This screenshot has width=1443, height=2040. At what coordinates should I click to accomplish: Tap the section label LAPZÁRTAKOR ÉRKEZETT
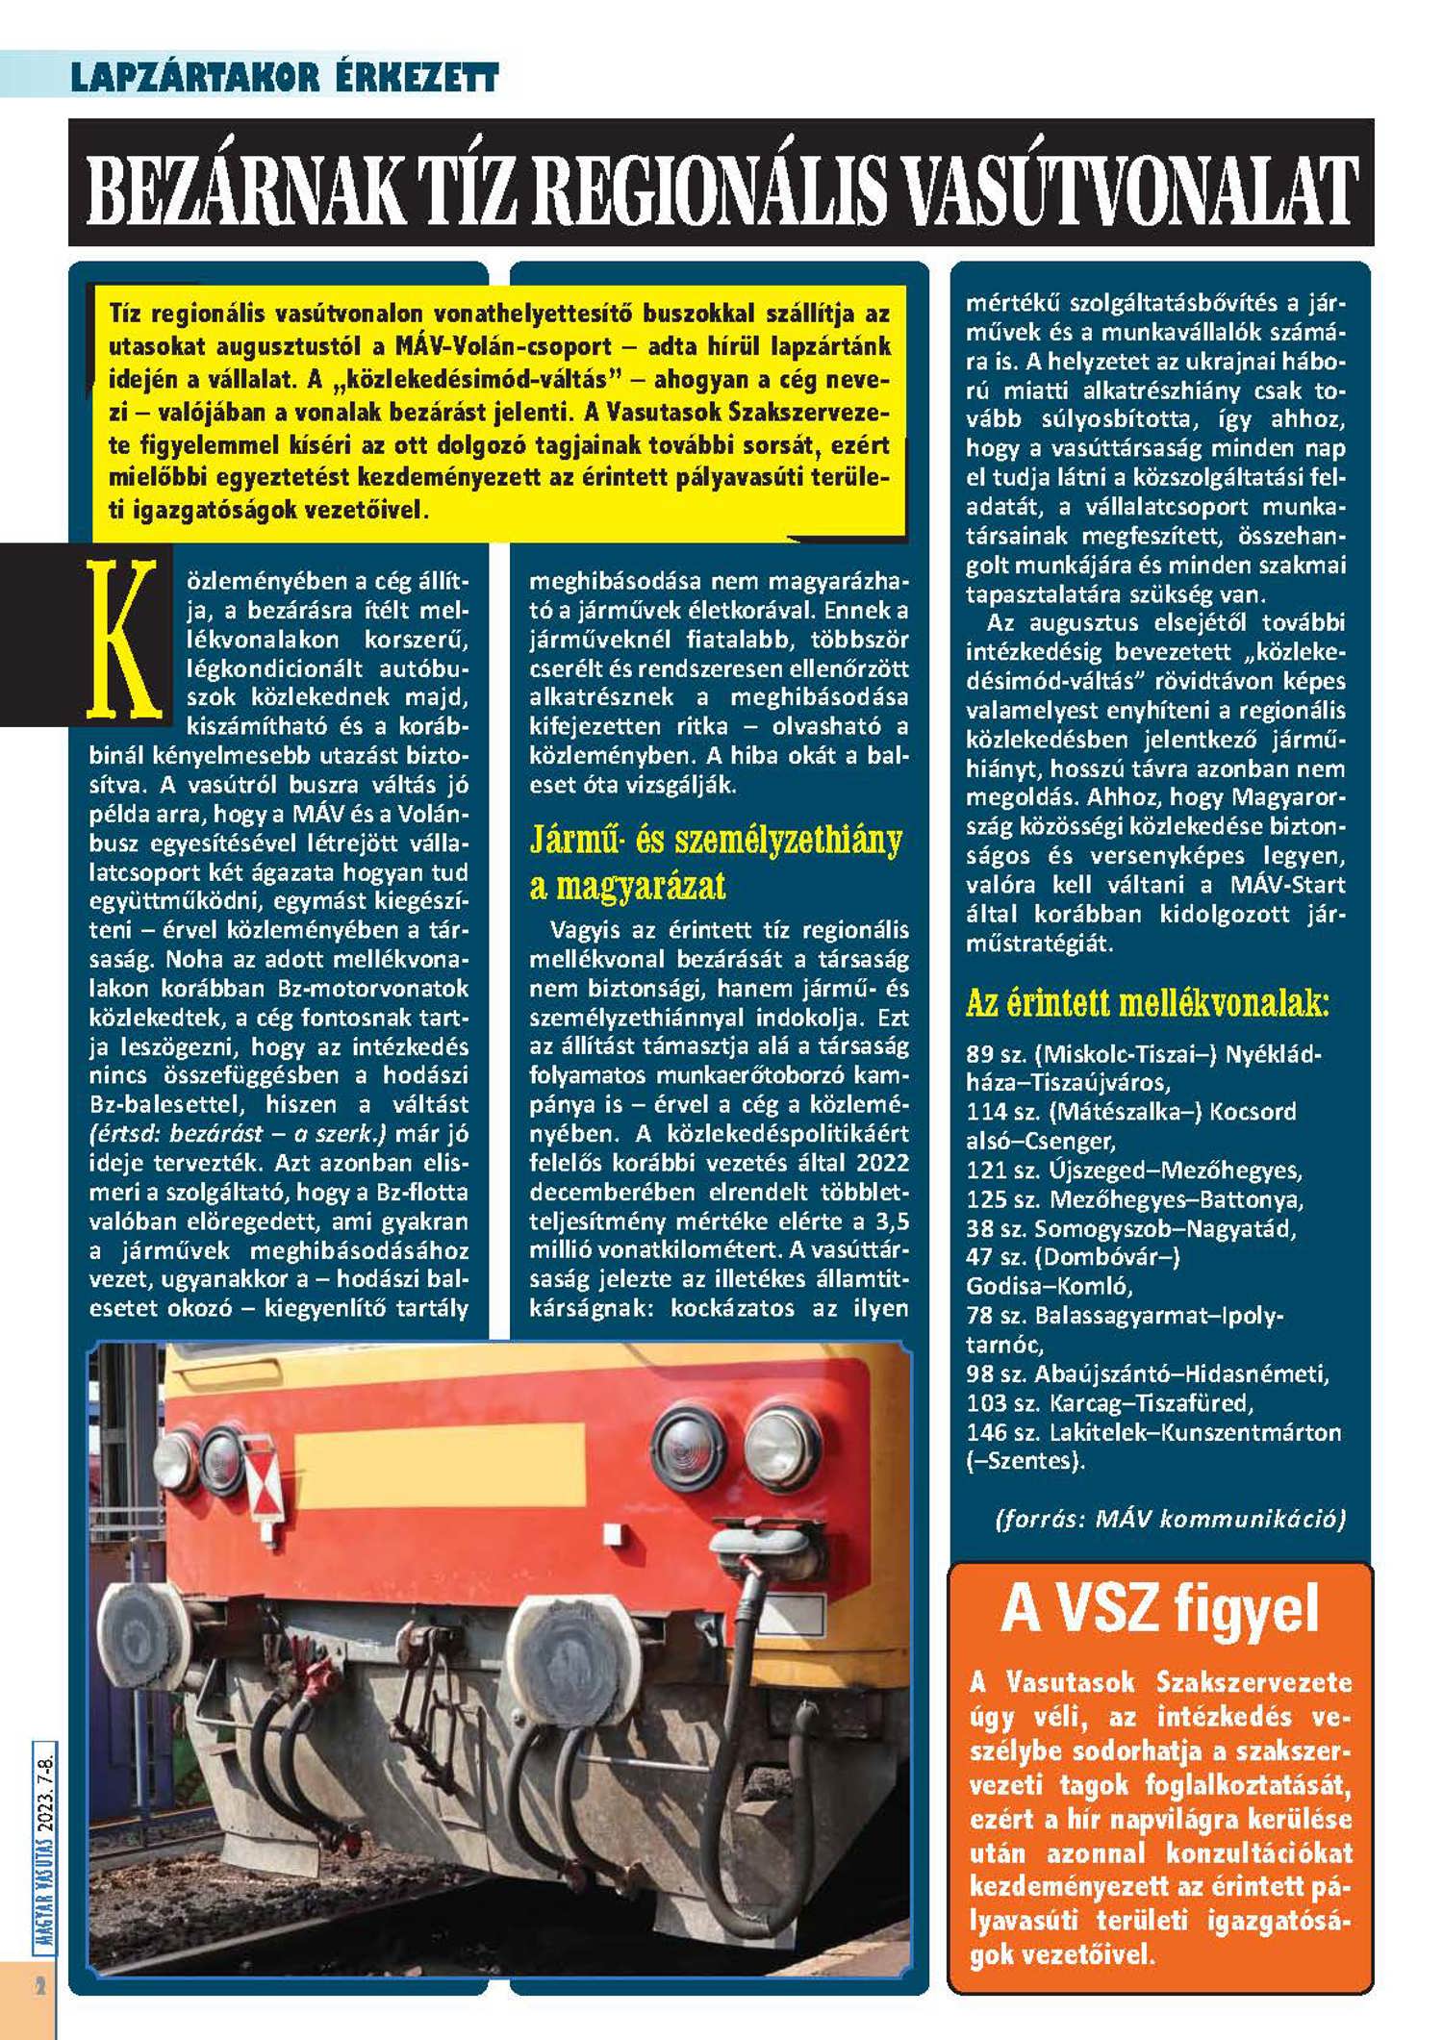coord(285,77)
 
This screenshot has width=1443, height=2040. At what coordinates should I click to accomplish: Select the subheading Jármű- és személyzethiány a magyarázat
coord(716,862)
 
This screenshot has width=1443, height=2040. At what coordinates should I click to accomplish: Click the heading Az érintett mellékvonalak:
coord(1147,1004)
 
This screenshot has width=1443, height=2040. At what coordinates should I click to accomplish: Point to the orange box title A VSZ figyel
coord(1159,1608)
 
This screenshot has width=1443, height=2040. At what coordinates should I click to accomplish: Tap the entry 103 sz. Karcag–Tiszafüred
coord(1110,1402)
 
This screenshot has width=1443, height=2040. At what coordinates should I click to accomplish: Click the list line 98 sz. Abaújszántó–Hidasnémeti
coord(1147,1373)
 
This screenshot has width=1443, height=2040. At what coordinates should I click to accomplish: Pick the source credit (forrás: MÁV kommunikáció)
coord(1170,1519)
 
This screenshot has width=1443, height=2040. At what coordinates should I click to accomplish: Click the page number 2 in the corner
coord(40,1986)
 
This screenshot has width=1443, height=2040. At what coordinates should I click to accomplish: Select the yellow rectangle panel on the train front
coord(439,1449)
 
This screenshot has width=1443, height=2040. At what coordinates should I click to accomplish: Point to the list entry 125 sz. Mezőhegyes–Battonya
coord(1134,1199)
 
